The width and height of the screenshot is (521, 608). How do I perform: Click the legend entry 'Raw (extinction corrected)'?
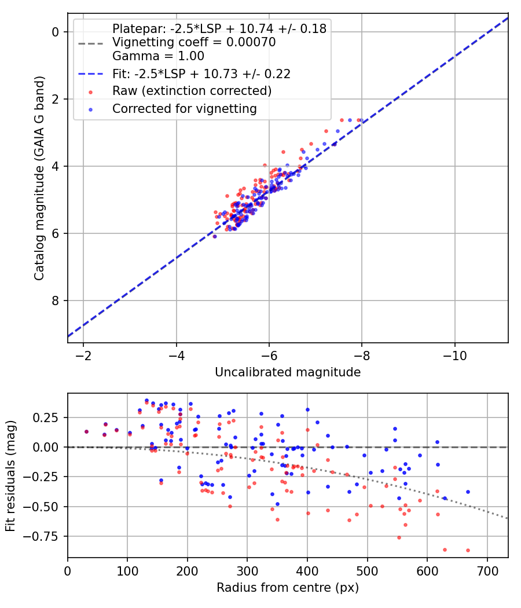coord(192,91)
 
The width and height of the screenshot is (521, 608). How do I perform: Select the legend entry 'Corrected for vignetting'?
coord(184,108)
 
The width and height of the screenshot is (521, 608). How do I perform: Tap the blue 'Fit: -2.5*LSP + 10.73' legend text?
coord(201,74)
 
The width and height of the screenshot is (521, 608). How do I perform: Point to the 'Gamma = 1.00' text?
coord(158,56)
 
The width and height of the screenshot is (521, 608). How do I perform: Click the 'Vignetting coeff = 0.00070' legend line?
coord(194,42)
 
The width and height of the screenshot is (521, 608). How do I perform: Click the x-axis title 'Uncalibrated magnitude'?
coord(288,372)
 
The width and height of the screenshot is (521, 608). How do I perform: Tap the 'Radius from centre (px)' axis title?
coord(288,588)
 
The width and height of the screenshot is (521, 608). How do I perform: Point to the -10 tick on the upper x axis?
coord(454,354)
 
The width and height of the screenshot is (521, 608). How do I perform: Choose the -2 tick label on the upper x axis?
coord(83,354)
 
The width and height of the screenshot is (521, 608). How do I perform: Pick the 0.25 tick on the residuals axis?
coord(47,417)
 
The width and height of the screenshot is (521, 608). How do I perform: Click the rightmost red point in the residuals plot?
coord(468,550)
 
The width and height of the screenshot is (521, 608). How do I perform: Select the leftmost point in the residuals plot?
coord(86,431)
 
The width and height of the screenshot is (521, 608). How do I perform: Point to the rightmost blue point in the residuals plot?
coord(468,492)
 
